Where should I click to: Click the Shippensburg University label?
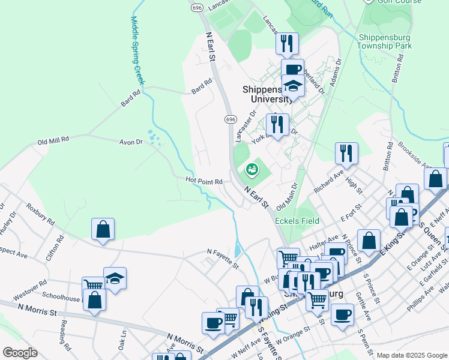[268, 94]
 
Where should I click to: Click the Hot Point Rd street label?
[204, 181]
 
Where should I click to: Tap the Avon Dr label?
[130, 142]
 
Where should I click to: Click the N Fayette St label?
[223, 259]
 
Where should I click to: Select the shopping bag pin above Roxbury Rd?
[103, 229]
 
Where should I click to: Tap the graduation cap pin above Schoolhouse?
[115, 278]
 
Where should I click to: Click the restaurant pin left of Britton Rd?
[346, 153]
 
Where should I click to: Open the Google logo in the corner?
[20, 353]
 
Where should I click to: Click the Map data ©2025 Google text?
[411, 355]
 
